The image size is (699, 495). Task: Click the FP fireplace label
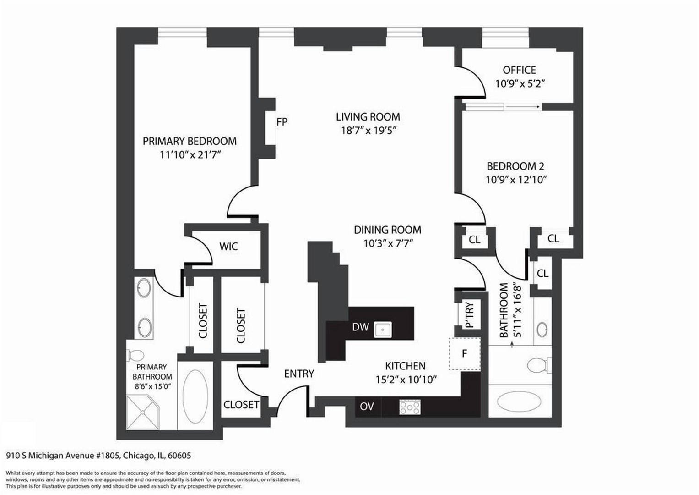282,122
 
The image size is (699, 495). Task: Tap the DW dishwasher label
360,327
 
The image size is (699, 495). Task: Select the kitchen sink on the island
383,329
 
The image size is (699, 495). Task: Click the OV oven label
367,406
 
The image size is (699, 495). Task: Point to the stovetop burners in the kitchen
410,407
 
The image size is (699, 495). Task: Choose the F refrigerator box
465,354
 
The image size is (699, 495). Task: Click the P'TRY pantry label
469,315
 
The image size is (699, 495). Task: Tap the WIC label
228,247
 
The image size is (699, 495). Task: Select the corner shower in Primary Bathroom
143,412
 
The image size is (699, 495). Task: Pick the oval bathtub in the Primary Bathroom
195,396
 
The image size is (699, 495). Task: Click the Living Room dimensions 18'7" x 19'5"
368,131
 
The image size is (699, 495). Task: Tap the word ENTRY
299,374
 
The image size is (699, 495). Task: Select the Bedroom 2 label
515,166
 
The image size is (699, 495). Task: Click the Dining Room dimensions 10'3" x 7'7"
388,243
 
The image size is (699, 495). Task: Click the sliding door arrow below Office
522,107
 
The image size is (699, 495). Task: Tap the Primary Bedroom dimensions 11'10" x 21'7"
190,155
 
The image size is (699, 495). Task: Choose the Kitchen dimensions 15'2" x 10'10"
406,379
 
